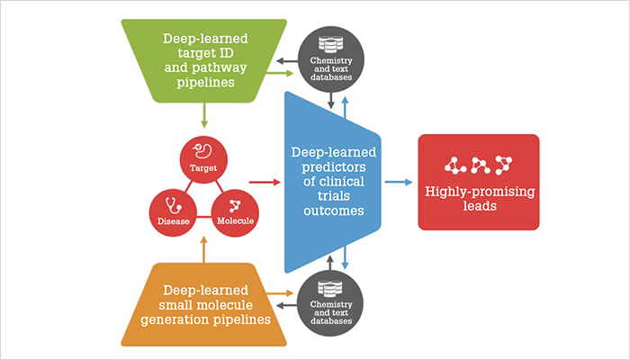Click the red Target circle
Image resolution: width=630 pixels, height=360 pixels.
tap(203, 159)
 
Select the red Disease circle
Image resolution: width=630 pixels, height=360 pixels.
tap(173, 213)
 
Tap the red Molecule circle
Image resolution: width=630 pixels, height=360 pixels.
tap(235, 213)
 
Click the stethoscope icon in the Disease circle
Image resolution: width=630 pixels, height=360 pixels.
tap(174, 205)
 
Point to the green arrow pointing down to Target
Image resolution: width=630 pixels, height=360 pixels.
tap(204, 115)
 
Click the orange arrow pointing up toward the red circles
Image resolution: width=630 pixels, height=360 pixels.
tap(203, 249)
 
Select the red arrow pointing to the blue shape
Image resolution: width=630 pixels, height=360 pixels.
tap(265, 182)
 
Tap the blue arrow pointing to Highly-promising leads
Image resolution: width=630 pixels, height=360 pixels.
tap(399, 182)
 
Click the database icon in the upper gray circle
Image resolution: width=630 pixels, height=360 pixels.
tap(330, 45)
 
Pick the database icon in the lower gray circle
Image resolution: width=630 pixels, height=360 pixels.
tap(330, 289)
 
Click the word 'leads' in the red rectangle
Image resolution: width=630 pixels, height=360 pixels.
tap(480, 206)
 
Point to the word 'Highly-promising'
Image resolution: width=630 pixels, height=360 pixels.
tap(480, 192)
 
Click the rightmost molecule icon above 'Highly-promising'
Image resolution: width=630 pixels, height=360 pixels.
tap(503, 165)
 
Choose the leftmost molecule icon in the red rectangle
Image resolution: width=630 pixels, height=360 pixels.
tap(455, 165)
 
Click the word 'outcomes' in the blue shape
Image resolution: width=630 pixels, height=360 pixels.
tap(334, 211)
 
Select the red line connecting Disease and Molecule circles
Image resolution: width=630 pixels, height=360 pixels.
tap(204, 217)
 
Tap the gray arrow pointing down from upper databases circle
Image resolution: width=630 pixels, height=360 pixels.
tap(330, 101)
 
